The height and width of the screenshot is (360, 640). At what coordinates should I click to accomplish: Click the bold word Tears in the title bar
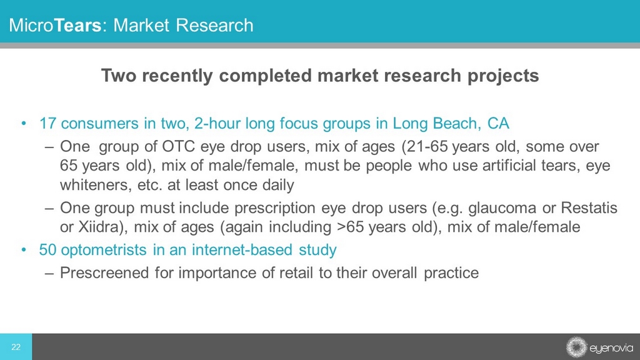[x=77, y=25]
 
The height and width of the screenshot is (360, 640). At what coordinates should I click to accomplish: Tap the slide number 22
[x=16, y=347]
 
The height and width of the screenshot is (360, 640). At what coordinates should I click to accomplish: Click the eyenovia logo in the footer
[x=599, y=347]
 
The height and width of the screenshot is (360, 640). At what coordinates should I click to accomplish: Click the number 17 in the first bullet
[x=47, y=123]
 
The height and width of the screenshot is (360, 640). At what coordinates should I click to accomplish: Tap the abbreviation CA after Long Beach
[x=498, y=123]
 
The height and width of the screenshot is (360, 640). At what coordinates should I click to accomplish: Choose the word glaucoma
[x=502, y=207]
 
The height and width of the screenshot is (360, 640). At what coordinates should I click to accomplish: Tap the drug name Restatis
[x=589, y=207]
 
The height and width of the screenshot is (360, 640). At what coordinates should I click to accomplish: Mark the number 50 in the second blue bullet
[x=47, y=250]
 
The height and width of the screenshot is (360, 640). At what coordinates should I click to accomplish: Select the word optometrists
[x=104, y=250]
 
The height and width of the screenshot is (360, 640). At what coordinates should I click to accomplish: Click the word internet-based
[x=242, y=250]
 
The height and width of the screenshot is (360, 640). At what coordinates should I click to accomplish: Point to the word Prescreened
[x=104, y=272]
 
